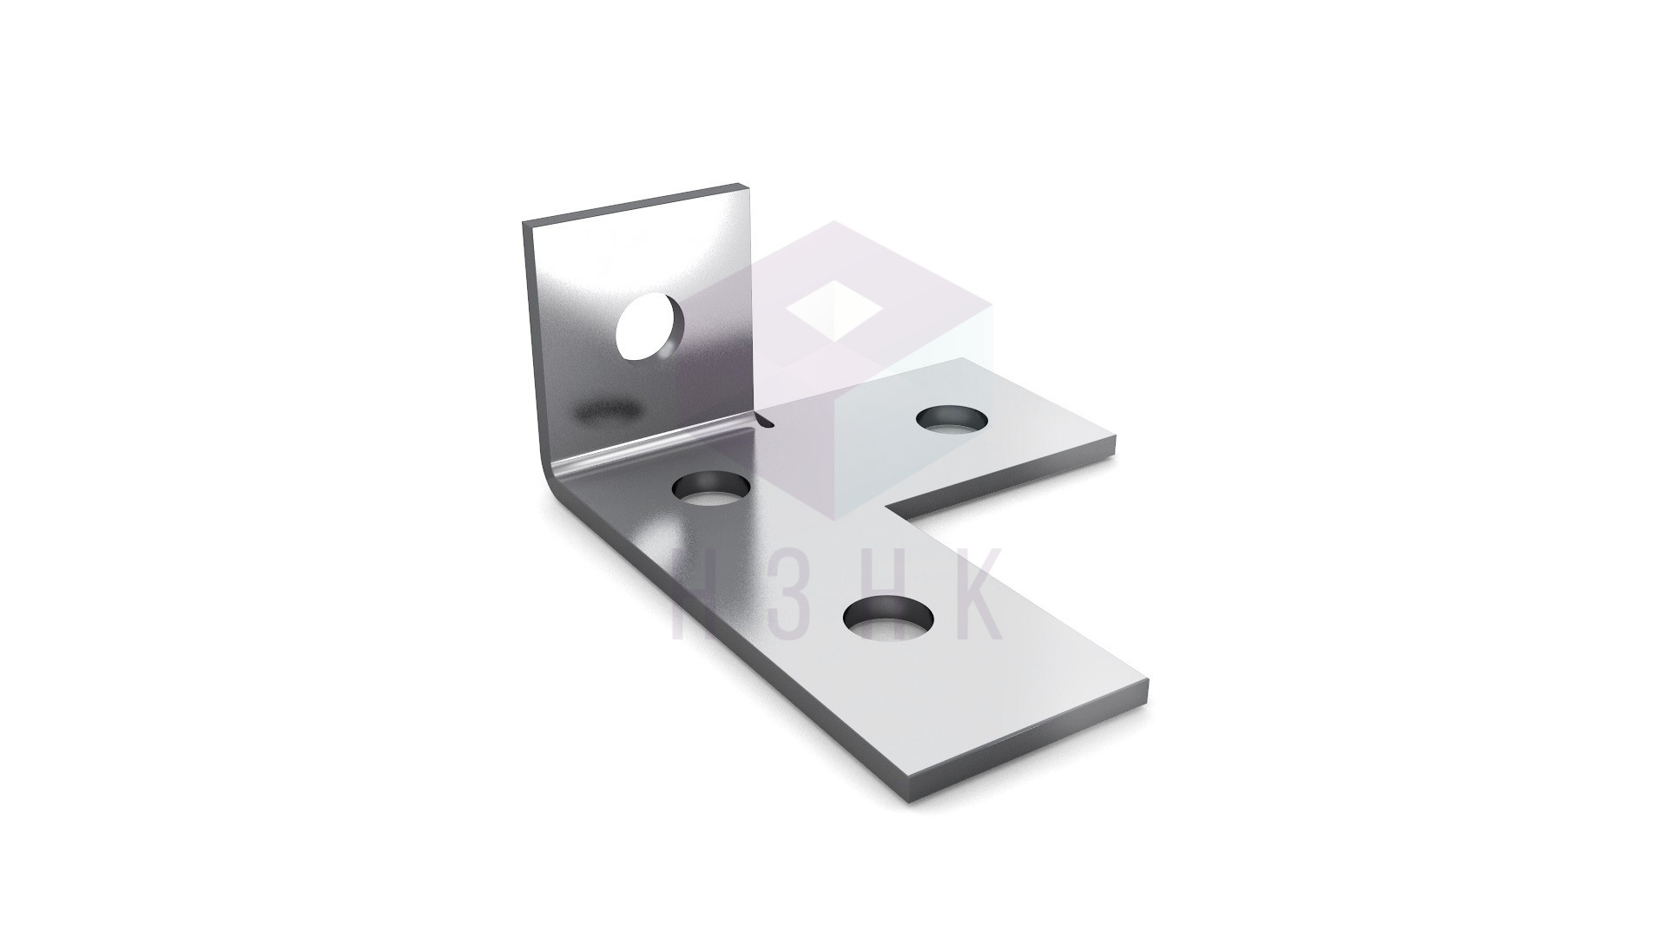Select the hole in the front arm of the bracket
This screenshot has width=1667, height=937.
coord(888,619)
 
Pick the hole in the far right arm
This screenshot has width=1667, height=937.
coord(953,419)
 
